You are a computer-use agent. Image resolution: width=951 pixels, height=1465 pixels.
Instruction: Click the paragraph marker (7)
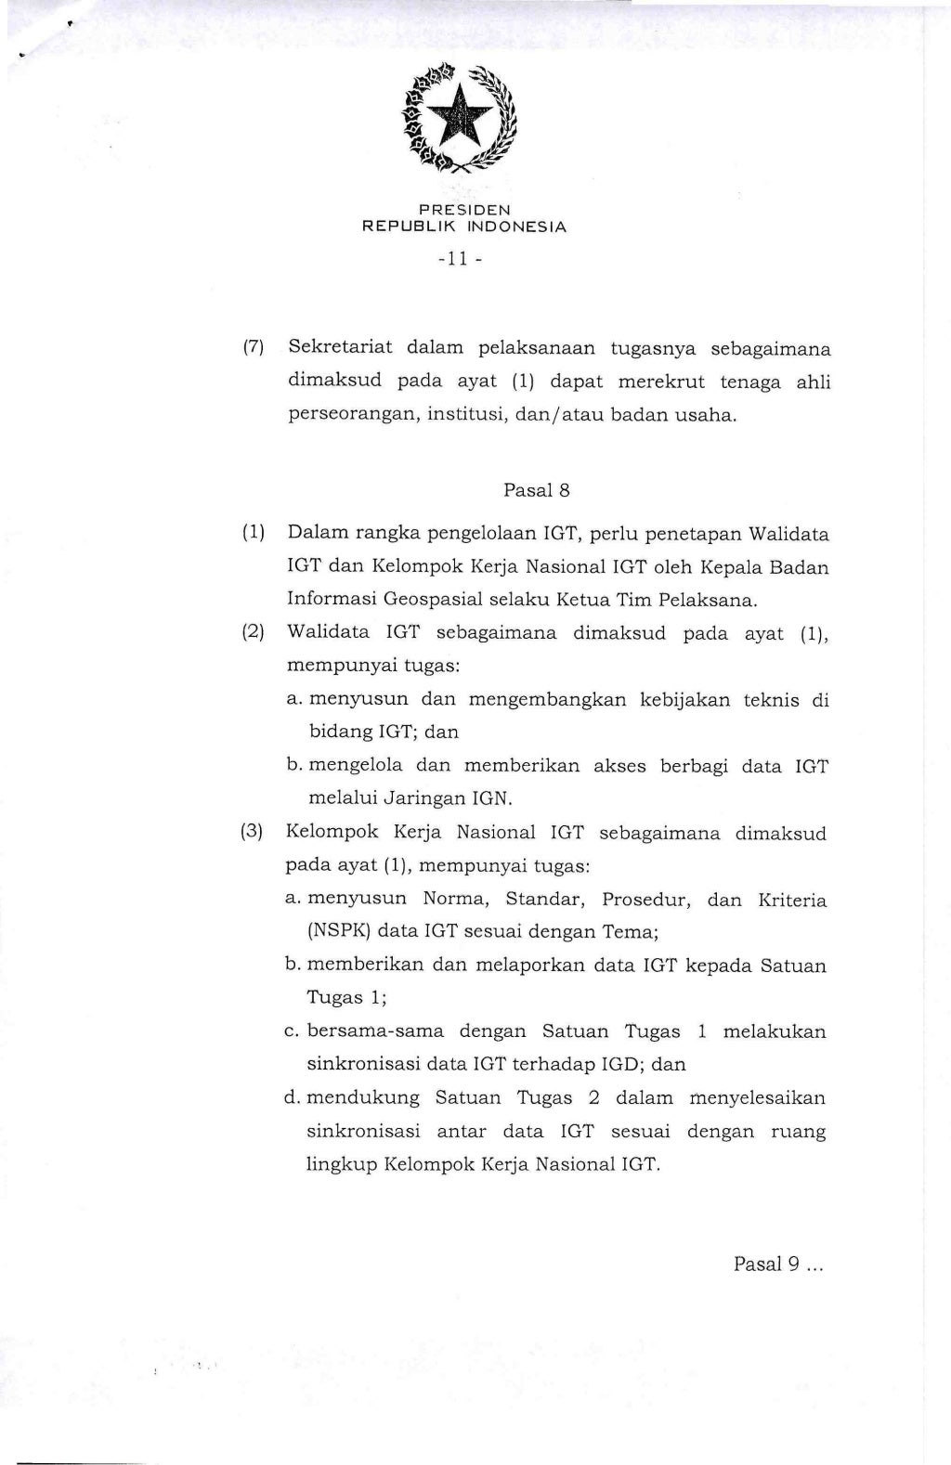click(x=254, y=348)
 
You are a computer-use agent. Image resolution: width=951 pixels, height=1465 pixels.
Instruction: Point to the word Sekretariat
click(x=340, y=348)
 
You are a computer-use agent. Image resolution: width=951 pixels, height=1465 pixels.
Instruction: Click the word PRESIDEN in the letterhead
click(x=463, y=210)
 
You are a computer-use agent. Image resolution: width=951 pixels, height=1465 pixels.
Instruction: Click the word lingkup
click(x=340, y=1164)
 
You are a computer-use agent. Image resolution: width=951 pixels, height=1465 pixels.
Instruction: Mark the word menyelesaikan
click(x=757, y=1098)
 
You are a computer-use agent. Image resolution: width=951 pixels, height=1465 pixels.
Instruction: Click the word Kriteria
click(x=791, y=899)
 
